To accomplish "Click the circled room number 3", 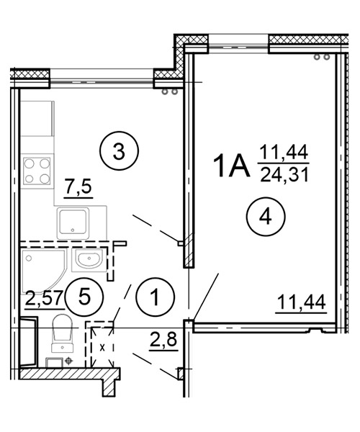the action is pyautogui.click(x=119, y=151).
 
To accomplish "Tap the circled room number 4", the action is pyautogui.click(x=266, y=217).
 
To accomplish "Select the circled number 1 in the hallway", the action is pyautogui.click(x=156, y=297).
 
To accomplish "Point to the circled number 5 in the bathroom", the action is pyautogui.click(x=84, y=297).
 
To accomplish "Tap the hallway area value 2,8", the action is pyautogui.click(x=163, y=341).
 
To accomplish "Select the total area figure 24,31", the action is pyautogui.click(x=284, y=175).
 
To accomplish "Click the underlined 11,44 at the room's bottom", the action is pyautogui.click(x=302, y=302).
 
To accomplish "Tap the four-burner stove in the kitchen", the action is pyautogui.click(x=37, y=171).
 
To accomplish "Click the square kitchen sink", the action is pyautogui.click(x=73, y=224).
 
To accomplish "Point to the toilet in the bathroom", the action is pyautogui.click(x=63, y=333).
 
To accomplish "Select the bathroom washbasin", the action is pyautogui.click(x=89, y=260).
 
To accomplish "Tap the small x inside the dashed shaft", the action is pyautogui.click(x=102, y=348).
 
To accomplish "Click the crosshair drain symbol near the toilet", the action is pyautogui.click(x=68, y=361).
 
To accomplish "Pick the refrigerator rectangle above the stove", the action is pyautogui.click(x=37, y=119).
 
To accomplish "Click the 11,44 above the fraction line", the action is pyautogui.click(x=284, y=153).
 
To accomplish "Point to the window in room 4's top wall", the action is pyautogui.click(x=238, y=46).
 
